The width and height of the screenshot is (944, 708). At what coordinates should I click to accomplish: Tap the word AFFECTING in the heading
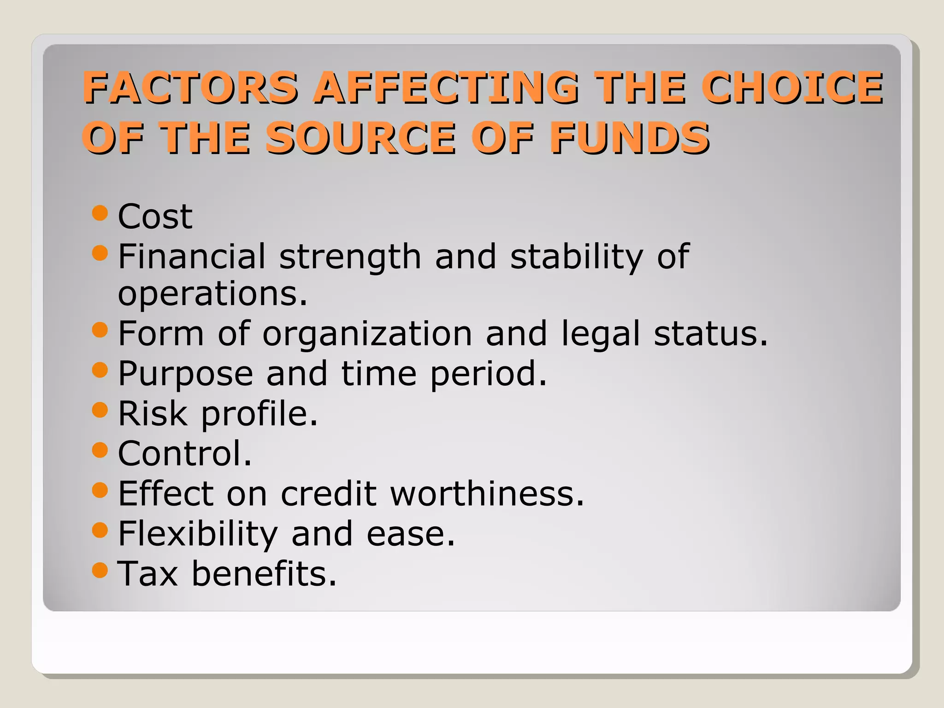pyautogui.click(x=445, y=87)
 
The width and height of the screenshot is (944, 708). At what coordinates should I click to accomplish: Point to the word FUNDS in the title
pyautogui.click(x=629, y=138)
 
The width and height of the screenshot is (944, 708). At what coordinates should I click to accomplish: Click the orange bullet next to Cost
pyautogui.click(x=100, y=213)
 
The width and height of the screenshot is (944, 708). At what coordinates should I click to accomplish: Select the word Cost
pyautogui.click(x=155, y=216)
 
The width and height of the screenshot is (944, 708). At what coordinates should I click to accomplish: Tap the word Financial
pyautogui.click(x=192, y=256)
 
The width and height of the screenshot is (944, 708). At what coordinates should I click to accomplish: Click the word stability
pyautogui.click(x=577, y=257)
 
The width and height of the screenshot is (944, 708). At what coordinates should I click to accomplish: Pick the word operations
pyautogui.click(x=212, y=294)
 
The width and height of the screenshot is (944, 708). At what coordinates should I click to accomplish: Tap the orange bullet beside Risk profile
pyautogui.click(x=100, y=409)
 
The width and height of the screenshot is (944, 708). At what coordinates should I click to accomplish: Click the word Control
pyautogui.click(x=184, y=454)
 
